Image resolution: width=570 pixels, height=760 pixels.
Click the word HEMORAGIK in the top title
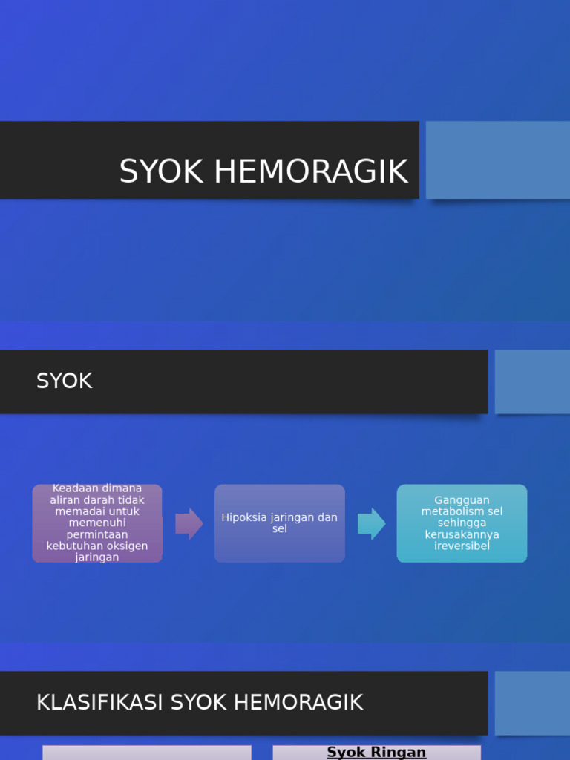[x=311, y=171]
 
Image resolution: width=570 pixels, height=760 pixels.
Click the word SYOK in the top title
[x=161, y=171]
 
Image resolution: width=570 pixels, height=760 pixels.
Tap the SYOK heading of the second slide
[x=65, y=381]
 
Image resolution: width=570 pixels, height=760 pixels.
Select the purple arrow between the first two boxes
[x=189, y=523]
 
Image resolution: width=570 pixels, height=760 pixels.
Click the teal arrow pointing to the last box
[x=371, y=523]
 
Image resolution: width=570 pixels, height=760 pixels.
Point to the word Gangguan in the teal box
[x=462, y=500]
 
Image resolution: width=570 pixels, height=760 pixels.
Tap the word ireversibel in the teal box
[x=462, y=546]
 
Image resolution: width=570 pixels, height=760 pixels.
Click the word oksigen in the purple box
[x=125, y=546]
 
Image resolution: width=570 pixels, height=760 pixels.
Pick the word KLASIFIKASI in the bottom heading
[x=100, y=702]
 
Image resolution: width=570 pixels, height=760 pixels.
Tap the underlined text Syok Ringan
[x=376, y=752]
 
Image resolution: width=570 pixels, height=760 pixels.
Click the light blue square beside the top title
[x=497, y=160]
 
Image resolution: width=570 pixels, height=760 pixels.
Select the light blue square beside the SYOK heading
[x=532, y=381]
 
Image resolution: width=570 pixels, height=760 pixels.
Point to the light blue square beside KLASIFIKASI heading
[x=532, y=703]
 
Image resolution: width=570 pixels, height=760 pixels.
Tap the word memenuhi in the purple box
[x=97, y=523]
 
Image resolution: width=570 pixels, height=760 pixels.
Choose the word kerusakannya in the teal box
[x=462, y=534]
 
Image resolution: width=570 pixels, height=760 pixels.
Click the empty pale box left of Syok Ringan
[x=147, y=753]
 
